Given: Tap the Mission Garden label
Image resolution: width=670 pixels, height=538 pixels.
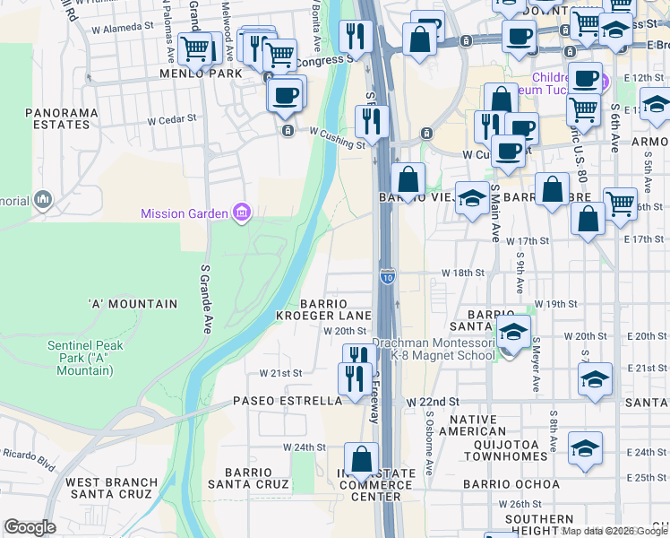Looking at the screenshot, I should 185,213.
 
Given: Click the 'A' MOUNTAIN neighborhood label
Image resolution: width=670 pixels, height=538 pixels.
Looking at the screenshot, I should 133,304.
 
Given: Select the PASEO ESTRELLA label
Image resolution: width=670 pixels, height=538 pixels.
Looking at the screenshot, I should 288,401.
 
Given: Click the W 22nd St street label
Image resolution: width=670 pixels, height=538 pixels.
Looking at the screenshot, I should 432,403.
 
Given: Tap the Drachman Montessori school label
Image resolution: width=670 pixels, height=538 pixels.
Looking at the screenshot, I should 434,349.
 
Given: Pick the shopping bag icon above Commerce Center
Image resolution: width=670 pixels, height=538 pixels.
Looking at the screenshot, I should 361,460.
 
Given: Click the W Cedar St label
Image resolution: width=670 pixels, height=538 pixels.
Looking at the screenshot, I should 171,118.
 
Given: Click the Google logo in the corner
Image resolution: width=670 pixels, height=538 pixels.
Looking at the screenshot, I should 30,527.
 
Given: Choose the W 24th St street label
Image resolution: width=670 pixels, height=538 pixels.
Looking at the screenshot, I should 304,446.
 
